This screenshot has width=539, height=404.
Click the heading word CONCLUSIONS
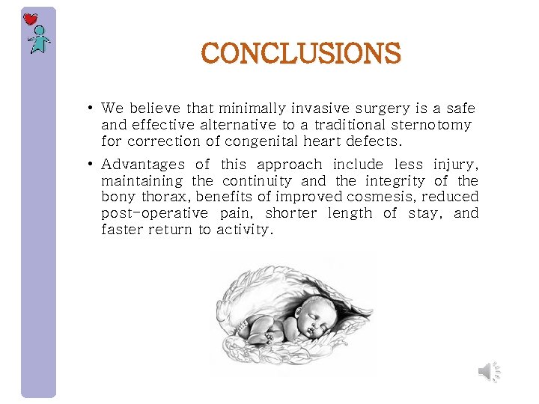click(301, 53)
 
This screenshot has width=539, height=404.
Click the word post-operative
click(155, 213)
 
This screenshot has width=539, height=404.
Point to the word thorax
click(162, 197)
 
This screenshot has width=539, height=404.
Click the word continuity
click(256, 180)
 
